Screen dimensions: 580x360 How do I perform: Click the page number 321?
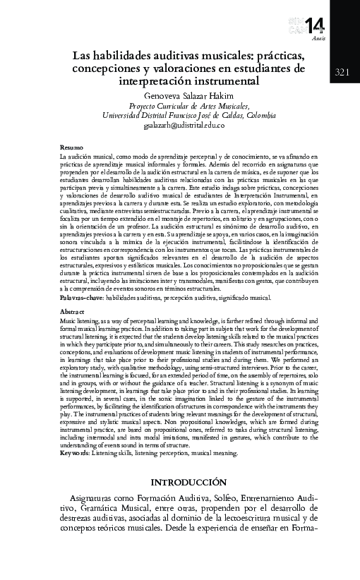(342, 72)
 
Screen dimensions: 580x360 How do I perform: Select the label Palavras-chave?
(83, 298)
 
